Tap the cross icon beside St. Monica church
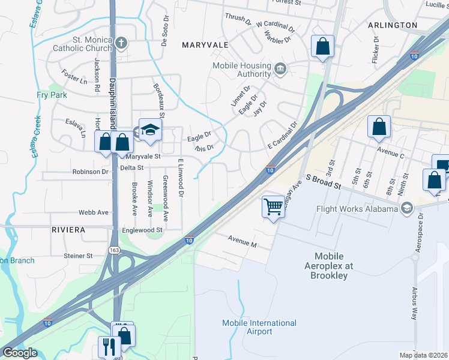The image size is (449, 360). coord(121,43)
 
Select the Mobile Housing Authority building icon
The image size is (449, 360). coord(279,69)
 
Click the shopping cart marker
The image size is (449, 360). coord(273,206)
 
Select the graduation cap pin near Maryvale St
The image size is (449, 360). coord(149,128)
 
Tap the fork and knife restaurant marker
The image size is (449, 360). coord(109,346)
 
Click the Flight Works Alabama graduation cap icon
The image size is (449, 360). coord(407,208)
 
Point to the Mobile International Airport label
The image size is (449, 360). coord(251,327)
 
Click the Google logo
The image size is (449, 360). coord(20,353)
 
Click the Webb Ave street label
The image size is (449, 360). coord(94,212)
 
